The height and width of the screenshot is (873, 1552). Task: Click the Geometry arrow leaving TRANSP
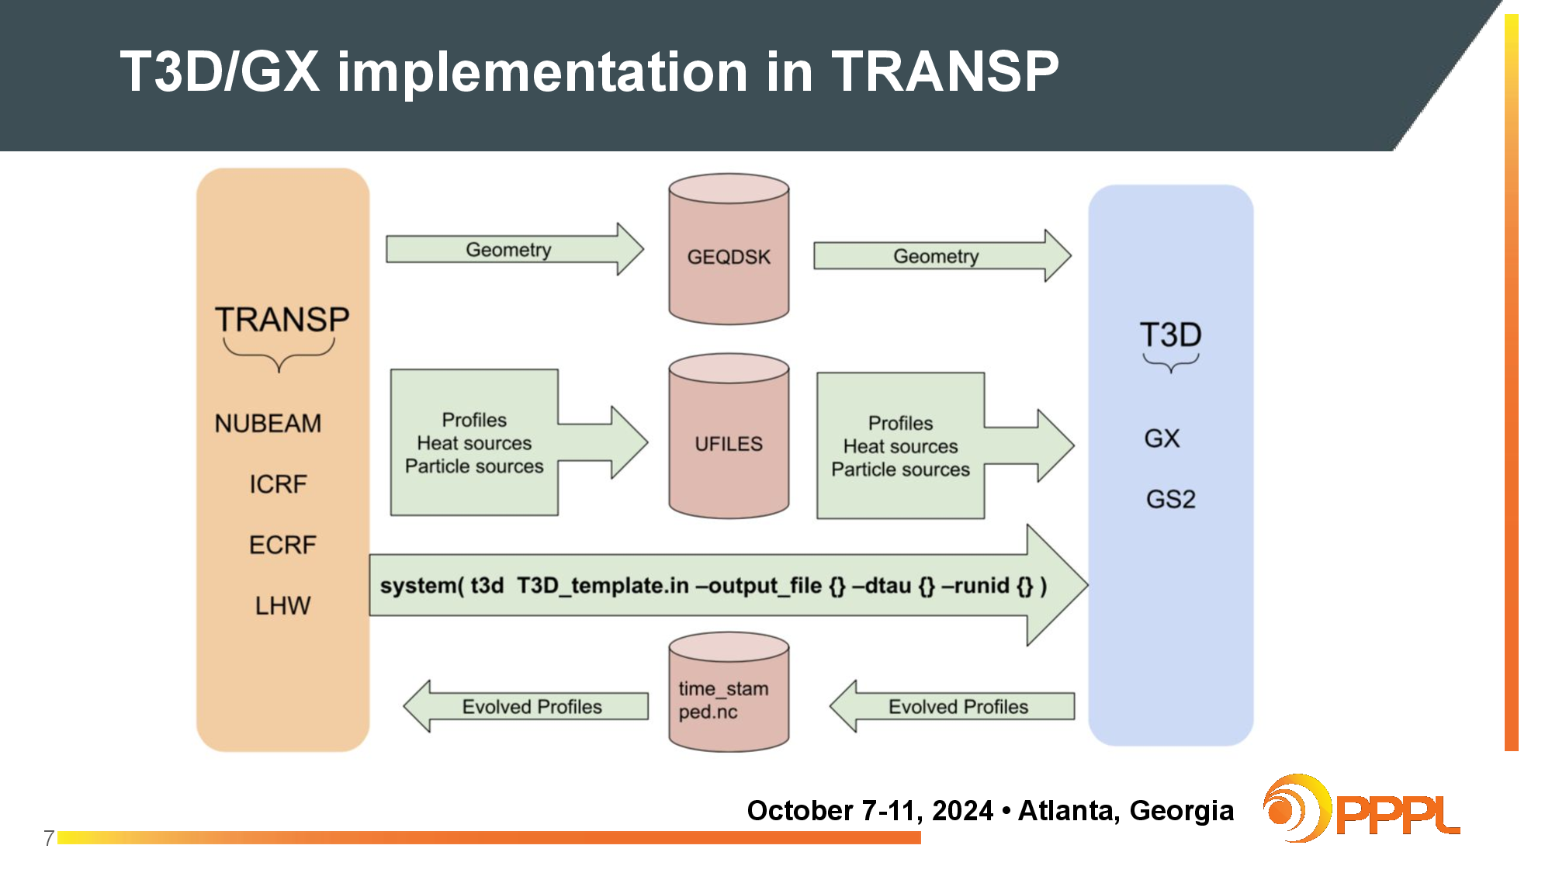pos(512,250)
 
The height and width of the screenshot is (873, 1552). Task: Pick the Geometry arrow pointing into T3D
pos(939,256)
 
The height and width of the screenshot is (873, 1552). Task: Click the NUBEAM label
pos(268,424)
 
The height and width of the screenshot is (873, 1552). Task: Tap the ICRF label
pos(278,484)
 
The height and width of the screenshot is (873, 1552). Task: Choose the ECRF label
pos(282,545)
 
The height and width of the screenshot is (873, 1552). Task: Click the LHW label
pos(282,605)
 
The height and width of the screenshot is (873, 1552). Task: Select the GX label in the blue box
pos(1162,438)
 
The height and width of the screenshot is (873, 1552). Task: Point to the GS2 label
pos(1170,499)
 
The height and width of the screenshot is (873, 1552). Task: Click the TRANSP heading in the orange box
pos(282,320)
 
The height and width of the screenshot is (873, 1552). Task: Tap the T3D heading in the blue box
pos(1170,335)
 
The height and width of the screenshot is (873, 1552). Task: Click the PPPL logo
pos(1362,810)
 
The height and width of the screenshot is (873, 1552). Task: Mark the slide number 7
pos(49,838)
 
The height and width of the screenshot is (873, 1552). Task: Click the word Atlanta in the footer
pos(1069,810)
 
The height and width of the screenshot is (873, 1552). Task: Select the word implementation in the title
pos(542,71)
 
